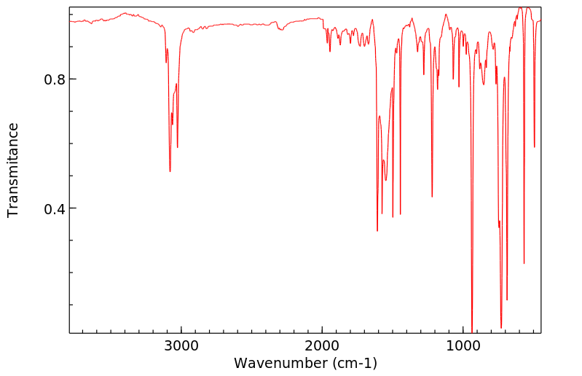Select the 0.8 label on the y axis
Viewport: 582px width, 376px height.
(56, 79)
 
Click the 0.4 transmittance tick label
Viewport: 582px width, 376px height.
(56, 209)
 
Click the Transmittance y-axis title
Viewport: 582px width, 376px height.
(13, 170)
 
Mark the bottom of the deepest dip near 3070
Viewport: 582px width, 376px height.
(170, 171)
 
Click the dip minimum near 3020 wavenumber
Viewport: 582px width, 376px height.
(177, 147)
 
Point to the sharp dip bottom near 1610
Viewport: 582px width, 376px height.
(377, 231)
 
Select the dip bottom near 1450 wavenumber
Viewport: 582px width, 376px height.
(400, 214)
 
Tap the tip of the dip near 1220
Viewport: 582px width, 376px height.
(432, 197)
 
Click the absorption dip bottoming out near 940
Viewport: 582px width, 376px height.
(472, 332)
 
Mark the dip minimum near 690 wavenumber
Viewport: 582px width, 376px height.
(507, 299)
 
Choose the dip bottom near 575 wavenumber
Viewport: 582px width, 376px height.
(524, 263)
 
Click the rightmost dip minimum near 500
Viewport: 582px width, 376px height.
(535, 147)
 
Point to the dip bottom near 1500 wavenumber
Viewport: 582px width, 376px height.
(393, 217)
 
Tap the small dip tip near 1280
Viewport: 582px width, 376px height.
(424, 74)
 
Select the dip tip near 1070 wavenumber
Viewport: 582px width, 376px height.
(453, 79)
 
